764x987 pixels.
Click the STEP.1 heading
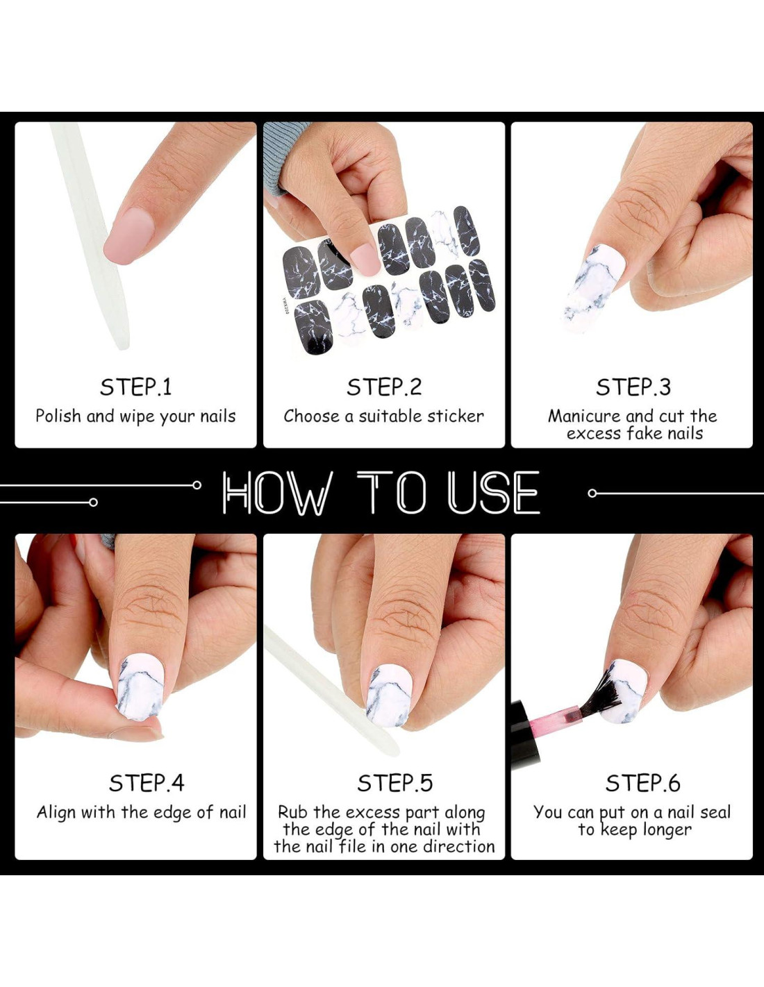click(136, 387)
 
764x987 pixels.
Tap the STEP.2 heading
click(384, 387)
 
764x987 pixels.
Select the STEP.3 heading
click(633, 387)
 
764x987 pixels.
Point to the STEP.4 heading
click(147, 783)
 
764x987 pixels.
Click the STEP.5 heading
click(395, 783)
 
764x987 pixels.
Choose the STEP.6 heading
click(642, 783)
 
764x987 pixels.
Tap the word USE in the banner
click(493, 493)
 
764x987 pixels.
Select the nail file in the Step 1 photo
click(91, 236)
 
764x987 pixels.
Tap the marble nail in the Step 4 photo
click(140, 686)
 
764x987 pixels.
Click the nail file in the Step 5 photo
click(331, 691)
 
